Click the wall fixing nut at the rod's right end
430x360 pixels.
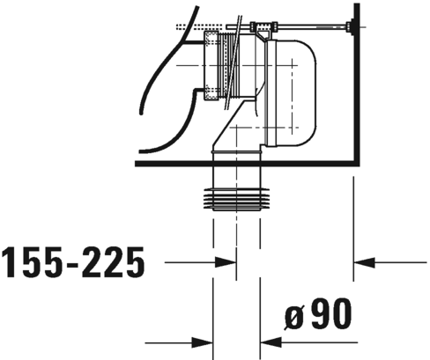(353, 26)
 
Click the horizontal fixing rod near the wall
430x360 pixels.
(308, 26)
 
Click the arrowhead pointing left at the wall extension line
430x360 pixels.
(362, 261)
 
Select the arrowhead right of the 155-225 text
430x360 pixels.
(226, 261)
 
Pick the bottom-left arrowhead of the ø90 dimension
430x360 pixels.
(204, 342)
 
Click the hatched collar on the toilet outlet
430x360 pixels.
(211, 65)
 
